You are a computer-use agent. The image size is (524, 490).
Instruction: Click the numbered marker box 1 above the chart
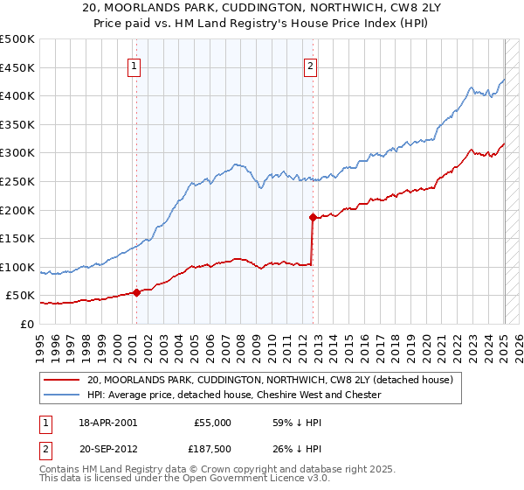(135, 65)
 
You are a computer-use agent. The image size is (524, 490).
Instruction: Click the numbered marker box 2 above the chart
(311, 65)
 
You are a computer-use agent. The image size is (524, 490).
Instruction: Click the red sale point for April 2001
(136, 292)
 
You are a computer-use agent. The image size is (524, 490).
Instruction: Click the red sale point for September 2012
(312, 216)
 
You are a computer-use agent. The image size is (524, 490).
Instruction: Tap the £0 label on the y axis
(27, 324)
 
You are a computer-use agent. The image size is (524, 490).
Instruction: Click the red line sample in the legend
(61, 381)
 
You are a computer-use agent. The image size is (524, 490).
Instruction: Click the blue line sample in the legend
(61, 395)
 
